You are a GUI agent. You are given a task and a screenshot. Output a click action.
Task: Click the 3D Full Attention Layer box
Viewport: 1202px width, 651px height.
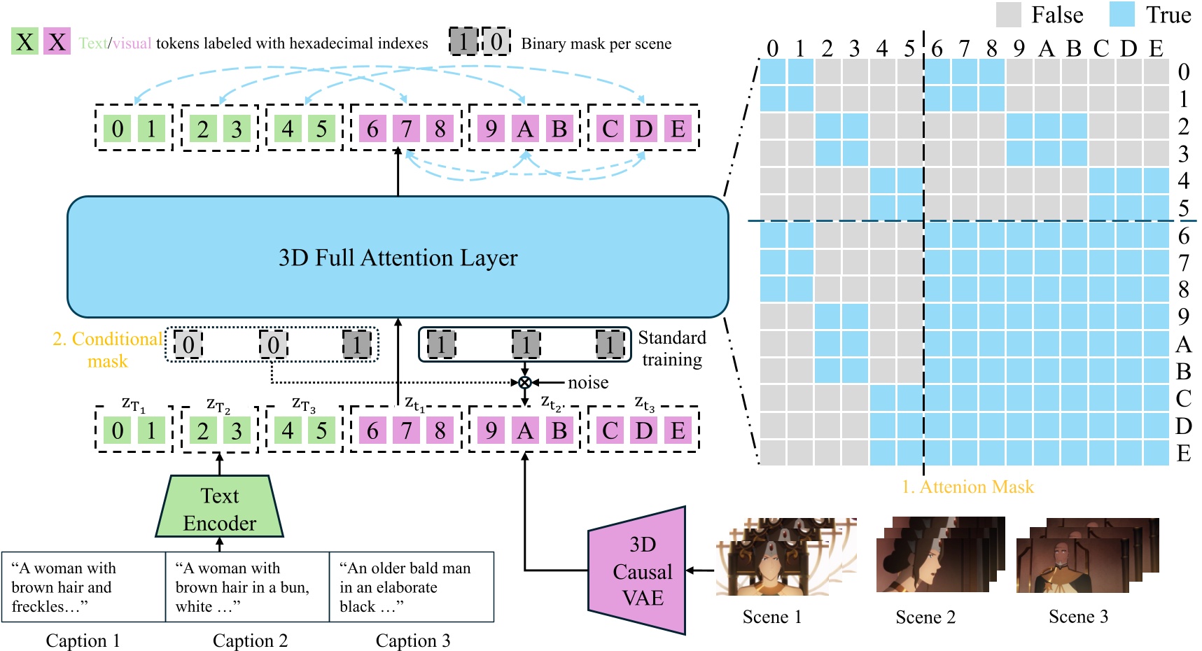[x=398, y=257]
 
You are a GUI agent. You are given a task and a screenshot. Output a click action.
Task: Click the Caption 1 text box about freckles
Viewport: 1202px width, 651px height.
[x=83, y=587]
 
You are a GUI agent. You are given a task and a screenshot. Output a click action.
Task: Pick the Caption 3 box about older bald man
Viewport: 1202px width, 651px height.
[x=412, y=587]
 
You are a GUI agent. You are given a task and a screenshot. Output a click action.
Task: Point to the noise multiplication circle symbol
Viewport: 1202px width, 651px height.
[x=524, y=382]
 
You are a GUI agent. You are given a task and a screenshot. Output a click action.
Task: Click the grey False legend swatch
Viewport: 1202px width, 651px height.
[x=1008, y=15]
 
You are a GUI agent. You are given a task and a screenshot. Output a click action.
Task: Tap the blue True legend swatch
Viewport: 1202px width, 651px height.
[x=1121, y=15]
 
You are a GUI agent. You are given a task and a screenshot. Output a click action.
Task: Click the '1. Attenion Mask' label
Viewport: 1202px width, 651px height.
[x=967, y=486]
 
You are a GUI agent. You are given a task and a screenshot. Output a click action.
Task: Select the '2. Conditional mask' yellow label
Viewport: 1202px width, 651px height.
[x=108, y=349]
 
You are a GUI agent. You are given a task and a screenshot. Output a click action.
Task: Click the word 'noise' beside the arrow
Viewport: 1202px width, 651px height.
[x=588, y=382]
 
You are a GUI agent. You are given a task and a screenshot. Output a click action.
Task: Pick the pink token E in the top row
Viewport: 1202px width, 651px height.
[x=678, y=129]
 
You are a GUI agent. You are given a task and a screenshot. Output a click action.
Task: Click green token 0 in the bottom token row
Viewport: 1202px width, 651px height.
[x=118, y=430]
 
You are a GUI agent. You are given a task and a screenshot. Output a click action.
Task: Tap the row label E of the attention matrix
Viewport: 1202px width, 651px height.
[x=1184, y=454]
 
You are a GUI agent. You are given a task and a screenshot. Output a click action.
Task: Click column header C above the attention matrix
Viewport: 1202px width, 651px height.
[x=1101, y=48]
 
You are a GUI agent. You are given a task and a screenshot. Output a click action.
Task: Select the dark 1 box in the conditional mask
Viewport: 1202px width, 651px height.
[x=357, y=344]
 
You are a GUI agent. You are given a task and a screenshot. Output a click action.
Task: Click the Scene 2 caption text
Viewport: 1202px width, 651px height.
[x=925, y=617]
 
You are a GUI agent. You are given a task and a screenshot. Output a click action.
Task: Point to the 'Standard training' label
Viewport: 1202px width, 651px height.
[x=671, y=349]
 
